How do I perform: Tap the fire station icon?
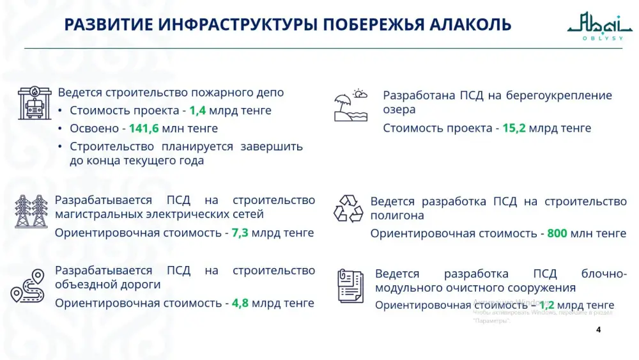[35, 104]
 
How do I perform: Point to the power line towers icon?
[31, 211]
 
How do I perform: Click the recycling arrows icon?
[348, 208]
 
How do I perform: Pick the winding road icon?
[28, 286]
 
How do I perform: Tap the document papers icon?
[350, 285]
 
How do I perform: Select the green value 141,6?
[144, 128]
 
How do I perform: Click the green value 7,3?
[240, 232]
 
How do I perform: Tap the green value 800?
[557, 233]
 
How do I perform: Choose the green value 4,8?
[240, 302]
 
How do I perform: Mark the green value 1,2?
[548, 305]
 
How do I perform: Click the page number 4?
[598, 330]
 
